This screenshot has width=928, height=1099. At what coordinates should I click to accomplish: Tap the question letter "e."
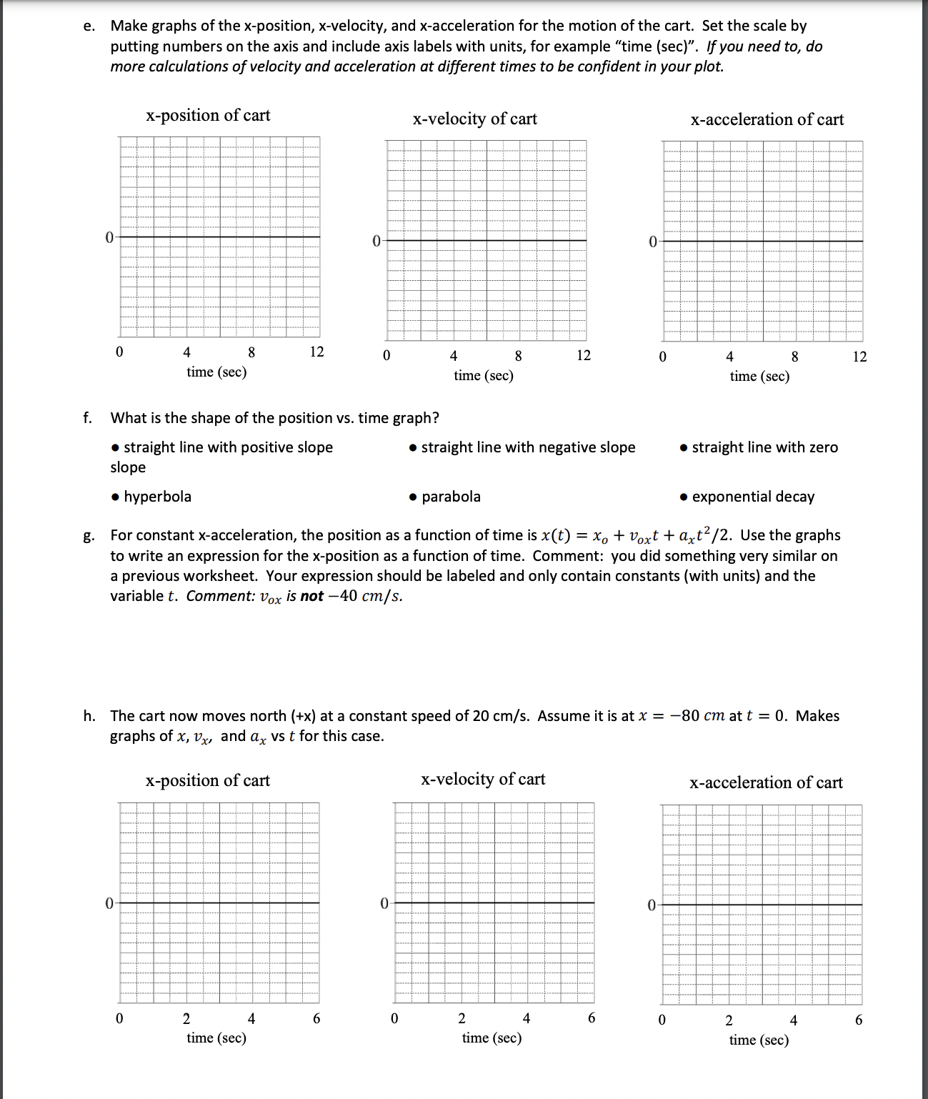(89, 26)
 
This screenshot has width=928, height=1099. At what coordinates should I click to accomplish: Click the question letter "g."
(88, 536)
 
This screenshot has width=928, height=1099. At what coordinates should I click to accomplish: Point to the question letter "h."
(89, 716)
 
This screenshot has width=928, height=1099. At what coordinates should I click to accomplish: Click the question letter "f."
(87, 418)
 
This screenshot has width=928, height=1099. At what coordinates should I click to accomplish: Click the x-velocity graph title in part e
(474, 119)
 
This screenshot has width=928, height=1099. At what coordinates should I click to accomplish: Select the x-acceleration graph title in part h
(766, 782)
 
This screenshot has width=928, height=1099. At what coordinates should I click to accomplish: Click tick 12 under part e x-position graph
(316, 352)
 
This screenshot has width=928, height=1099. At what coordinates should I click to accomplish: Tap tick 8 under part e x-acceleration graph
(794, 356)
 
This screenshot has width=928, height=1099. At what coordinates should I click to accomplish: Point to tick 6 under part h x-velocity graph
(591, 1018)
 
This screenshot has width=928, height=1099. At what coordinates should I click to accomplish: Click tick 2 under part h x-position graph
(186, 1018)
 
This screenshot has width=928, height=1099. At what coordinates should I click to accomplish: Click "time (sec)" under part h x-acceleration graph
(759, 1040)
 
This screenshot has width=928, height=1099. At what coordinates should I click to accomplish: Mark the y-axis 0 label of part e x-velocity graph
(376, 241)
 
